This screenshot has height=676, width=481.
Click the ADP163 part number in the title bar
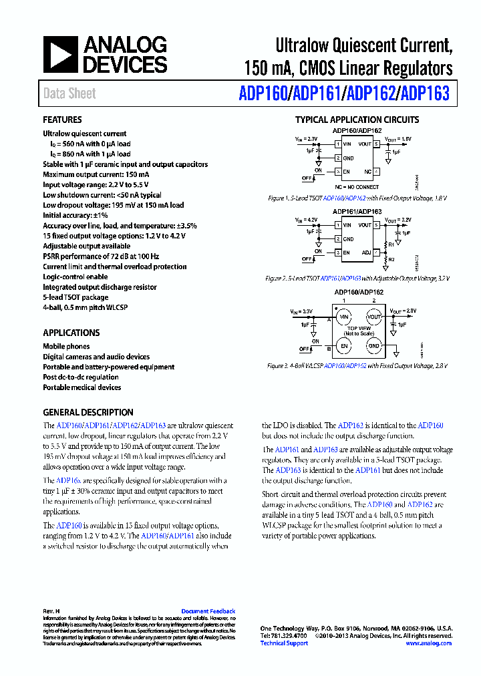coord(424,94)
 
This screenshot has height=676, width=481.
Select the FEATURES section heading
coord(62,120)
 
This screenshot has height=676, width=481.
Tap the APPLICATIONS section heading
coord(71,333)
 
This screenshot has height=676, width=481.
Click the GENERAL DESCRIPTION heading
coord(88,412)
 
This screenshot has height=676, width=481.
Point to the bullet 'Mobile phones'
coord(66,347)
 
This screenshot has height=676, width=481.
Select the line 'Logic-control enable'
coord(75,277)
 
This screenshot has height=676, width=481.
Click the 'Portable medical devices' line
coord(82,387)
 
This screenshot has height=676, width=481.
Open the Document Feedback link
coord(208,611)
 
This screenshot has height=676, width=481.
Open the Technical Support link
coord(283,643)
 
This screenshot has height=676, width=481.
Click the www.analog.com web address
coord(429,643)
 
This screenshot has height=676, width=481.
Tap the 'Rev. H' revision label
coord(52,611)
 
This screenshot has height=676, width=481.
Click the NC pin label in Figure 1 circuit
coord(367,172)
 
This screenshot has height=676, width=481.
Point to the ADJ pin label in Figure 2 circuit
coord(366,252)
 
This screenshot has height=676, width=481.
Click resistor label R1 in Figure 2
coord(391,244)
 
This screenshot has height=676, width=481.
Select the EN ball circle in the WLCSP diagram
coord(343,346)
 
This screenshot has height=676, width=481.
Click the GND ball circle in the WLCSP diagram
coord(374,346)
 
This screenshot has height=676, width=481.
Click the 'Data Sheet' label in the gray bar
coord(69,94)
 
